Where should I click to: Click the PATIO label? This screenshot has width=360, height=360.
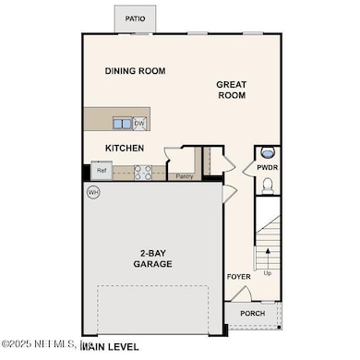pyautogui.click(x=136, y=18)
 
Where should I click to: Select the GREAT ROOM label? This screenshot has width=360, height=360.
pyautogui.click(x=232, y=89)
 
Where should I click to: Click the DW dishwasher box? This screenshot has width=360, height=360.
pyautogui.click(x=139, y=123)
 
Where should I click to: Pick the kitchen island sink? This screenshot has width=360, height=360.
pyautogui.click(x=122, y=123)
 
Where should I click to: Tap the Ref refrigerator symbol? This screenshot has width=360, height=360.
pyautogui.click(x=100, y=171)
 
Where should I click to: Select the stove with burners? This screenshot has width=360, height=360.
pyautogui.click(x=143, y=171)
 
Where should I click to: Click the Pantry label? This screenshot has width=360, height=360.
pyautogui.click(x=183, y=176)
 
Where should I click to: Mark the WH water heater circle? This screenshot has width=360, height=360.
pyautogui.click(x=93, y=192)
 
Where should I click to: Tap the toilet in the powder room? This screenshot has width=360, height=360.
pyautogui.click(x=266, y=186)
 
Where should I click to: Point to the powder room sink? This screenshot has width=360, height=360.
pyautogui.click(x=266, y=153)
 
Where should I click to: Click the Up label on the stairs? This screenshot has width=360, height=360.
pyautogui.click(x=268, y=273)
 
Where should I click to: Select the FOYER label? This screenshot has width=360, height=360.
pyautogui.click(x=238, y=276)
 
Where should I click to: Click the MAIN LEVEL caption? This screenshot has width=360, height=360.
pyautogui.click(x=112, y=348)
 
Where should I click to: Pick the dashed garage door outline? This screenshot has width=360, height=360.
pyautogui.click(x=157, y=310)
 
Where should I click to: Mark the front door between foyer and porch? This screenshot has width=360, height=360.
pyautogui.click(x=238, y=294)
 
